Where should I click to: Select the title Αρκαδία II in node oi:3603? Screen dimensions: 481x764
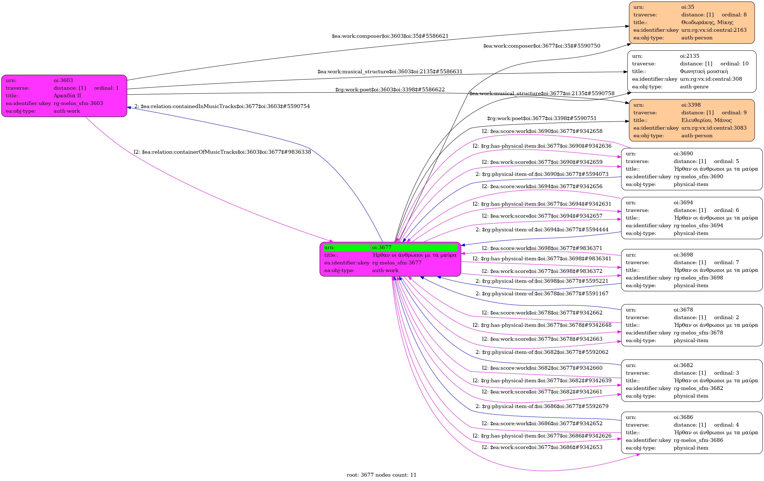click(67, 95)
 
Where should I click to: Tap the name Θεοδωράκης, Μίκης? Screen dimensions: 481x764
click(707, 22)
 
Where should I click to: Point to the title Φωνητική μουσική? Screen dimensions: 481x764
click(704, 71)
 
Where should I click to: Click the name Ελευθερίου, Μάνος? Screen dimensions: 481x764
click(706, 120)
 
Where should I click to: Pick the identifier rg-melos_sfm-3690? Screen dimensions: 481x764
click(698, 177)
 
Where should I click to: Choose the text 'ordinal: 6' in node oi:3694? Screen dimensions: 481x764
click(726, 210)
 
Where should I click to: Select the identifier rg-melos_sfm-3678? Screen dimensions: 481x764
click(698, 333)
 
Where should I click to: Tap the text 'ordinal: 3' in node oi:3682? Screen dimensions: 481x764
click(726, 373)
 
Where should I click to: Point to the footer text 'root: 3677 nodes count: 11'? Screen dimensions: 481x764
click(381, 475)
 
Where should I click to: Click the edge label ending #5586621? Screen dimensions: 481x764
click(390, 36)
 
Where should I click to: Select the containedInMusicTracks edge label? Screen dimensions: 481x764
click(222, 106)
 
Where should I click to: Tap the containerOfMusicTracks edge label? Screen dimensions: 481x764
click(222, 152)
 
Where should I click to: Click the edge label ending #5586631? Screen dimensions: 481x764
click(390, 72)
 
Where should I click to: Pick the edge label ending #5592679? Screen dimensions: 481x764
click(542, 406)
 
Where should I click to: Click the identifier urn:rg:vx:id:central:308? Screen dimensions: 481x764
click(711, 79)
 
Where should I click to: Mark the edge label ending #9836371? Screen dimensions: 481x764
click(542, 248)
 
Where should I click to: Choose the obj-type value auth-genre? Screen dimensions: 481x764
click(694, 87)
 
